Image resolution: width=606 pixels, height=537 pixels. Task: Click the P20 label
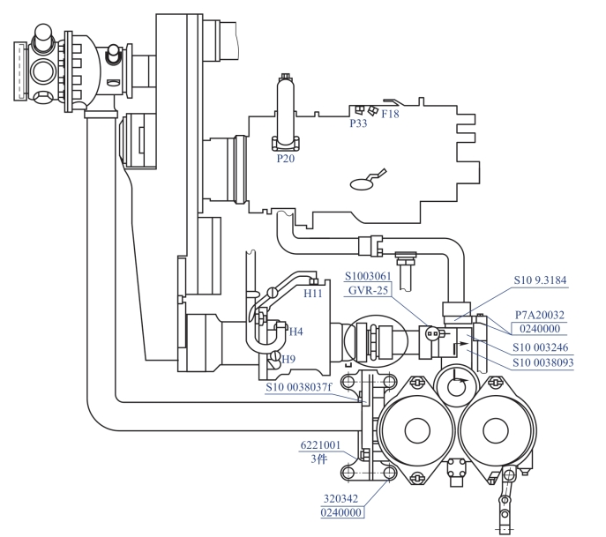(x=286, y=159)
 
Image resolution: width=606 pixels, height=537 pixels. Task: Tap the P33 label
(x=358, y=123)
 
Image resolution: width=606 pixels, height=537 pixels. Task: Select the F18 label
(x=390, y=114)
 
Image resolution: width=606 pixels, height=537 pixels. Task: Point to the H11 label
(x=312, y=294)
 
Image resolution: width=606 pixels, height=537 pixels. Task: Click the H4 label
(x=296, y=332)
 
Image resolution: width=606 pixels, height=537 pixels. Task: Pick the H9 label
(x=288, y=359)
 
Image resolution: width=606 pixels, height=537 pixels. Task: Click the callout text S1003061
(x=368, y=276)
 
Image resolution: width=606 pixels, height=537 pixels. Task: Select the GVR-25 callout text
(x=368, y=290)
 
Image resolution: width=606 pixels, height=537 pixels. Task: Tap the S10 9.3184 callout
(x=540, y=280)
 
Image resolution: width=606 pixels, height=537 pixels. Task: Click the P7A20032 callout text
(x=540, y=315)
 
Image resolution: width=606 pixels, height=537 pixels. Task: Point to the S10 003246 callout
(x=541, y=347)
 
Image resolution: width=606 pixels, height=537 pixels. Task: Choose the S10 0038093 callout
(x=543, y=362)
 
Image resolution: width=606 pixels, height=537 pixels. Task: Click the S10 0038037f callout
(x=299, y=387)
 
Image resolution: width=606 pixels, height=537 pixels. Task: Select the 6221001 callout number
(x=320, y=445)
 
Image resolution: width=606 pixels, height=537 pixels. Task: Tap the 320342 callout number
(x=340, y=499)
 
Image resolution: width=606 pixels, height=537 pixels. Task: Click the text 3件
(x=319, y=459)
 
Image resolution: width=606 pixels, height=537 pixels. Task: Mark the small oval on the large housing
(x=363, y=184)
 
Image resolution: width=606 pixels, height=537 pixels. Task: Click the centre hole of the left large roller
(x=417, y=430)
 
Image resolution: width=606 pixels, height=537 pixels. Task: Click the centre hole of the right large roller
(x=496, y=430)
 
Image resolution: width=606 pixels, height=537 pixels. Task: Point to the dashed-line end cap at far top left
(x=20, y=71)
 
